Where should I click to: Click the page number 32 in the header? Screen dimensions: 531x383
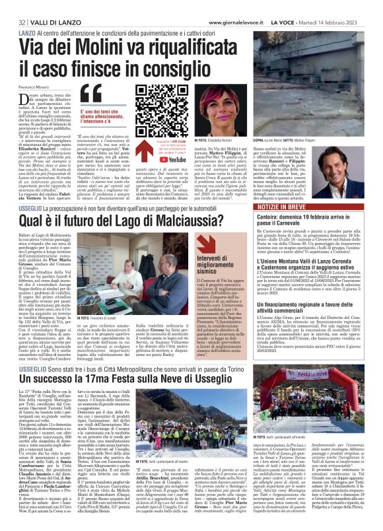tap(13, 6)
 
